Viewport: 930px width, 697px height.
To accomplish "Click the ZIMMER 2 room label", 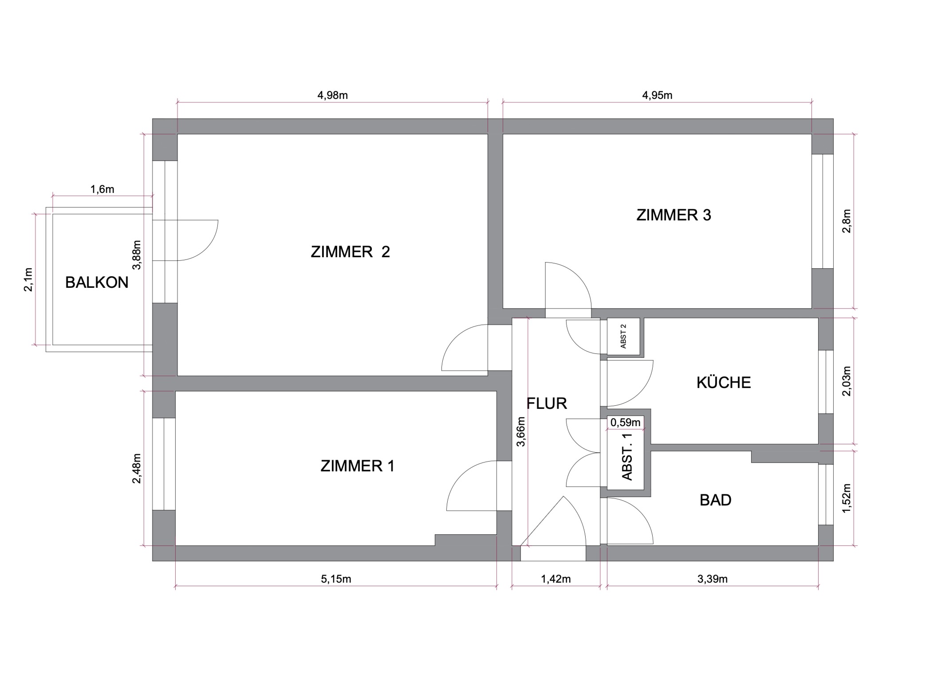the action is (x=350, y=252).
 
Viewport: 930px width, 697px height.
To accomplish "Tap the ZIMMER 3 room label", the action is (x=674, y=215).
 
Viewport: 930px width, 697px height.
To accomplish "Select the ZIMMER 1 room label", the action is (x=357, y=466).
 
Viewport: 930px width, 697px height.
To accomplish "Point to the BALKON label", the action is (x=97, y=282).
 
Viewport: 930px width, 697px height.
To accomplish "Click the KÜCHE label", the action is (x=724, y=382).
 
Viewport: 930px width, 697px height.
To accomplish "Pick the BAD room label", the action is (x=715, y=500).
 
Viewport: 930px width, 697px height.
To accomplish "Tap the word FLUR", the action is (x=547, y=403).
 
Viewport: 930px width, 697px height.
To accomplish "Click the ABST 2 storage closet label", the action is (x=623, y=336).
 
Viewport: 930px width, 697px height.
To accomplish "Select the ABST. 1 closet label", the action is (x=627, y=457).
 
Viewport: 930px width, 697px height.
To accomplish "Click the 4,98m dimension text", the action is (x=332, y=95).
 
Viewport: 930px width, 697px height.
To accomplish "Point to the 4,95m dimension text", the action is (x=657, y=95).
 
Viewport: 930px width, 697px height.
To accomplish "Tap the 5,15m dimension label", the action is (x=336, y=579).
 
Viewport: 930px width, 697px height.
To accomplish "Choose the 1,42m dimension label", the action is (x=556, y=579).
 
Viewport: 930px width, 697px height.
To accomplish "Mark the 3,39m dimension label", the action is (x=712, y=579).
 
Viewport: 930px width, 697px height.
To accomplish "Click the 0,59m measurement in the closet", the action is (x=626, y=423).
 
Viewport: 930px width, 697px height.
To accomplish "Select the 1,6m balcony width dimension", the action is (x=102, y=190).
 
